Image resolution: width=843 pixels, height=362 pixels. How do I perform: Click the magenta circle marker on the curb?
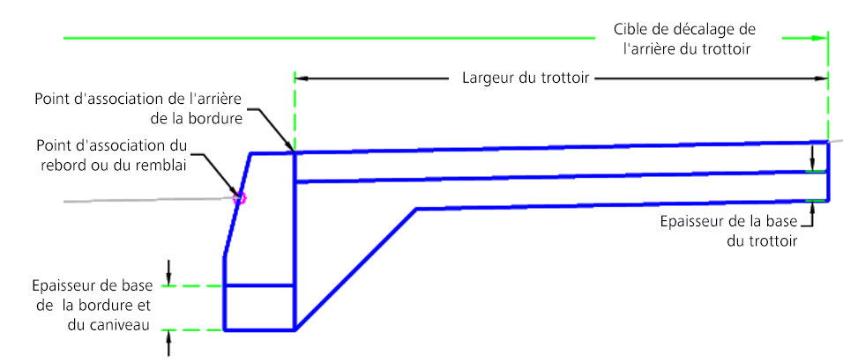point(237,199)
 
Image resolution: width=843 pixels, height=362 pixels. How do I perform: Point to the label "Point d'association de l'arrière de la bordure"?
point(138,107)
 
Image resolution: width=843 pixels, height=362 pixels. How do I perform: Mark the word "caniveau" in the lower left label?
point(121,327)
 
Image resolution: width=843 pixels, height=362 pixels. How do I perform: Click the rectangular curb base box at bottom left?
point(258,307)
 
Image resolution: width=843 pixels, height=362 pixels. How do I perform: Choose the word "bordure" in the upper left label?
point(217,117)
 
